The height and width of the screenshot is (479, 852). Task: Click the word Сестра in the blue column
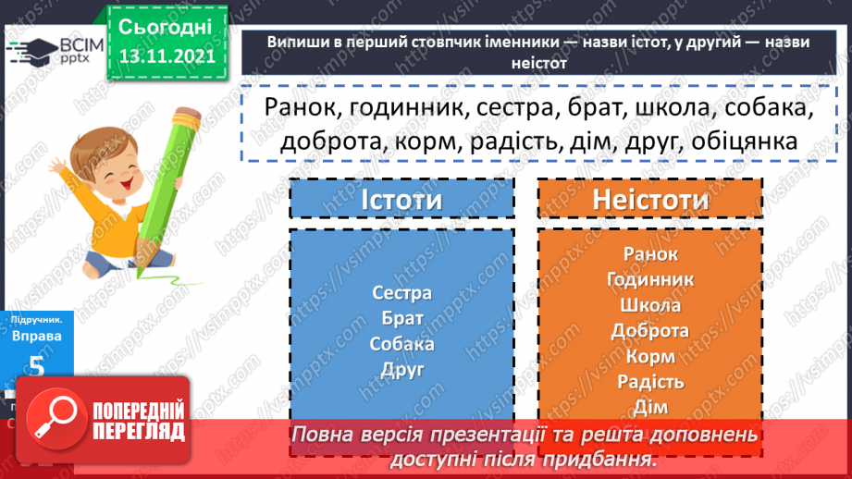coord(401,293)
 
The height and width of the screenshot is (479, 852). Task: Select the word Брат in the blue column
coord(401,318)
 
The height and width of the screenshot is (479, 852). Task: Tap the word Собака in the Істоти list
coord(401,344)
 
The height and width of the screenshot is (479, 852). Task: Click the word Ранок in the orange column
coord(650,253)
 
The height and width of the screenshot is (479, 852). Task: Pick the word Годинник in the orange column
coord(650,278)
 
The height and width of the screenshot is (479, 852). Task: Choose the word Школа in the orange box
coord(650,304)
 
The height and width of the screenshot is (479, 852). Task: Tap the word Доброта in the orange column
coord(650,330)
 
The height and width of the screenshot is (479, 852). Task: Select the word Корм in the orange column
coord(650,356)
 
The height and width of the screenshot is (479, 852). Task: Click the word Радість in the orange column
coord(650,381)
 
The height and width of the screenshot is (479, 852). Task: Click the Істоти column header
coord(401,199)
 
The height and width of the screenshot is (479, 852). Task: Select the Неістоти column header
coord(650,199)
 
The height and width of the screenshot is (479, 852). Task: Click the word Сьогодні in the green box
coord(167,27)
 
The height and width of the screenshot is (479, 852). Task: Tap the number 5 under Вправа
coord(36,366)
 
